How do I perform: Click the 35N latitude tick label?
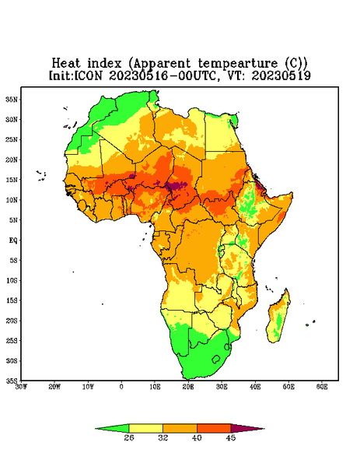12,99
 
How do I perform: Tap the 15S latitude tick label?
12,300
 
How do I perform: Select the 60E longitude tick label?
322,387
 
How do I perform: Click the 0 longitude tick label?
121,387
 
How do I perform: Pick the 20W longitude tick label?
54,387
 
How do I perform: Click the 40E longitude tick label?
255,387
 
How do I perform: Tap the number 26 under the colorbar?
129,437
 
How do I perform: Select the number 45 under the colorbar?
231,437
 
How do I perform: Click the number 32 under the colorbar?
163,437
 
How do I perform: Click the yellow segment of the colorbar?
145,428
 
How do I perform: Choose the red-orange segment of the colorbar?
214,428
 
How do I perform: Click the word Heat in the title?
66,63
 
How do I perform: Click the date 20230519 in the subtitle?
281,75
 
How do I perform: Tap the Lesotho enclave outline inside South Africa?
216,359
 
